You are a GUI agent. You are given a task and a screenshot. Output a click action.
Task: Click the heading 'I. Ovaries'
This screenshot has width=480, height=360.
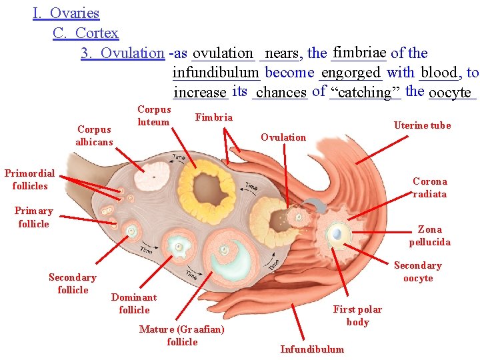pos(66,13)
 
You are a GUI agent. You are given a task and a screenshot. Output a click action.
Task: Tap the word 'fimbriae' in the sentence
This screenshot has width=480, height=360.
pos(359,52)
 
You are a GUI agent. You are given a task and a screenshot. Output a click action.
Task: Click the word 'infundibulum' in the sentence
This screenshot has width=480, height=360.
pos(215,72)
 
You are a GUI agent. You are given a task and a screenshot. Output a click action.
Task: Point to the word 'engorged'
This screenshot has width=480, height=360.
pos(351,72)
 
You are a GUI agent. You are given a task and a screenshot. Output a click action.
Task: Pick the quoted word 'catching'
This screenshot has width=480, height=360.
pos(365,92)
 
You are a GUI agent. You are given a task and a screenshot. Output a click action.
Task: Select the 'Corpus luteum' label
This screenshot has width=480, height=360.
pos(153,115)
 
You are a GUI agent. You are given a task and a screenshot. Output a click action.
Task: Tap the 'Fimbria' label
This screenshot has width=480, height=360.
pos(213,117)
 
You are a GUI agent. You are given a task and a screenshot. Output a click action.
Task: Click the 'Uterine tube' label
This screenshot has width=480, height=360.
pos(422,125)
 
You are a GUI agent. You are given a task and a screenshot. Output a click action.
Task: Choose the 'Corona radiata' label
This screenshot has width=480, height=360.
pos(429,187)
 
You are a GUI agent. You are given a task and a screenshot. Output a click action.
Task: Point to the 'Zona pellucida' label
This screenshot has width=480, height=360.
pos(429,235)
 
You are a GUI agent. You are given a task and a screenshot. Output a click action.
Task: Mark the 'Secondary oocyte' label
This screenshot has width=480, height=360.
pos(417,271)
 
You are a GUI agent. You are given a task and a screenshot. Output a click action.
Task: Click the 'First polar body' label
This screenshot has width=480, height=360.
pos(357,315)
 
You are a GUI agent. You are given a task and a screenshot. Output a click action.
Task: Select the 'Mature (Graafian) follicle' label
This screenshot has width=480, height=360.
pos(181,335)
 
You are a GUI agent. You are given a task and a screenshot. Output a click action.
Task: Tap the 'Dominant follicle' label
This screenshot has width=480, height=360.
pos(133,303)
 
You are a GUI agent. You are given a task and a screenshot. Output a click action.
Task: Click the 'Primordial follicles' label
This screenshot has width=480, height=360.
pos(29,179)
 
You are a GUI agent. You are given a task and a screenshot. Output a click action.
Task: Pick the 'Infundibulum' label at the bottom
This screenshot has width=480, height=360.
pos(312,349)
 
